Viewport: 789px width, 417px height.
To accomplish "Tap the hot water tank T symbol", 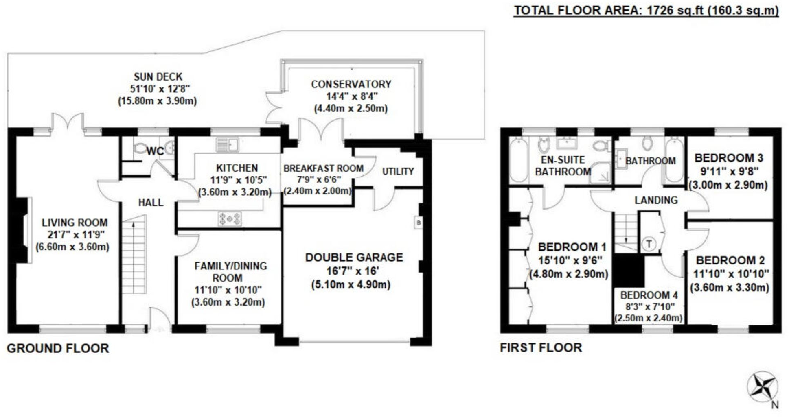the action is [x=649, y=244].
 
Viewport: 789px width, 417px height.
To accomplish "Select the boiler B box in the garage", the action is [x=418, y=223].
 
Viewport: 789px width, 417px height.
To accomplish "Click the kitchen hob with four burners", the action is [x=230, y=218].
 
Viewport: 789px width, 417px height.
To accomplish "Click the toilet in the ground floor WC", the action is [x=140, y=148].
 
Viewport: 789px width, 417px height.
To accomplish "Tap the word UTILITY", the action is [x=398, y=171].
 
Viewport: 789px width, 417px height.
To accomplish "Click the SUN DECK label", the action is [x=158, y=76].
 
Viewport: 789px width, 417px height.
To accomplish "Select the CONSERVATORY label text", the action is [x=351, y=84].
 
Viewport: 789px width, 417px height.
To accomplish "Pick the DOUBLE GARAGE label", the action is [x=354, y=257].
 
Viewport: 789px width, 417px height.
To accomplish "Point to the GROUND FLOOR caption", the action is [x=58, y=348].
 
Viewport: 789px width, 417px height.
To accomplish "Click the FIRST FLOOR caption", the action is [x=541, y=347].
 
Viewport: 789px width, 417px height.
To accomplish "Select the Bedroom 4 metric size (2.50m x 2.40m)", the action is [x=648, y=318].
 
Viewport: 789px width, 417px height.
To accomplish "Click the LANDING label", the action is [x=656, y=200].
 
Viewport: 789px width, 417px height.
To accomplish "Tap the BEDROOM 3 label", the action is [x=728, y=158].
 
